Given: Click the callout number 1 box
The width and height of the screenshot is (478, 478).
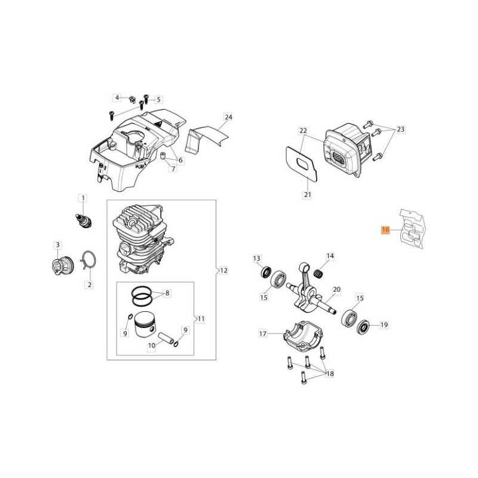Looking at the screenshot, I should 83,198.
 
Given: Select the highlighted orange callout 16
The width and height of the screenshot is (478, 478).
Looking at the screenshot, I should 385,229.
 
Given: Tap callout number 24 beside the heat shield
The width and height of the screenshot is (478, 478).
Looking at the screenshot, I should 228,117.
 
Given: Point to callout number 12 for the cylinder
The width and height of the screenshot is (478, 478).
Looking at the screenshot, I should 223,271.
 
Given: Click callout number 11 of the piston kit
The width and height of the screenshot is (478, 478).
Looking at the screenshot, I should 201,318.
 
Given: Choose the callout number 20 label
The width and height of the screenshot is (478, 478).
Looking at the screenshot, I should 336,289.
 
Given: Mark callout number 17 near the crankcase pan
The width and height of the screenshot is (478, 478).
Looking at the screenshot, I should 263,333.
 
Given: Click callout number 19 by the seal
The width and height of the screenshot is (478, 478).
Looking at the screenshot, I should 384,325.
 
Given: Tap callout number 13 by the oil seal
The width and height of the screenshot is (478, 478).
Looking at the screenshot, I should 256,258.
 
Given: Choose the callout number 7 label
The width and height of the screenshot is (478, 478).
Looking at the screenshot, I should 173,169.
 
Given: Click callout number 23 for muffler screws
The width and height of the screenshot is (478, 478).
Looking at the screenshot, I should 400,129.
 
